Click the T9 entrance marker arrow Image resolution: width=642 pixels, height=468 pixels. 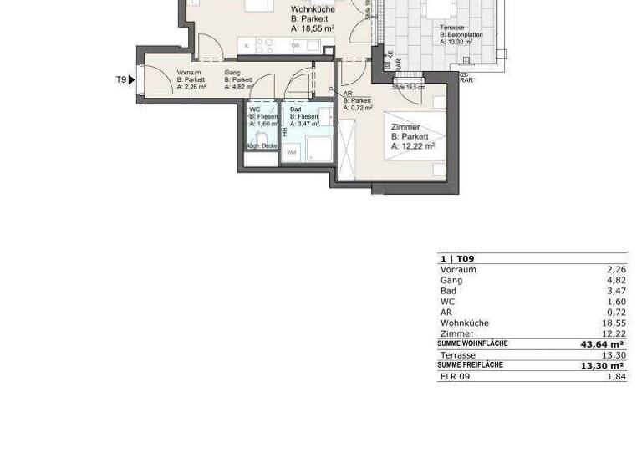(x=131, y=80)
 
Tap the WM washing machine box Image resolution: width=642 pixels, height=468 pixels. (x=292, y=153)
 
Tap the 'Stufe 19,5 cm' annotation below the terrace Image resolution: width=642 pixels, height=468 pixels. (x=409, y=87)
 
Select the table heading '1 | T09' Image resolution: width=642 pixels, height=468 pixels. (x=456, y=259)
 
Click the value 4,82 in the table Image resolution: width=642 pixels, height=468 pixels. (x=615, y=281)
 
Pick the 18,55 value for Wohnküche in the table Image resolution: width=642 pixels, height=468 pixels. (x=613, y=323)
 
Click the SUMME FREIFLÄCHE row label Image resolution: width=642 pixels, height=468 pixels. (x=472, y=365)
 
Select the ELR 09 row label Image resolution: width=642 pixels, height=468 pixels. (x=455, y=377)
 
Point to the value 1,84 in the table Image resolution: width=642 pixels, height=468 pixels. (x=615, y=377)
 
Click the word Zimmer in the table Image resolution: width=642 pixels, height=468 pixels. (x=456, y=333)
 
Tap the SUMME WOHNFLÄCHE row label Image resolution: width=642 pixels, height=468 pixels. (x=472, y=343)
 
